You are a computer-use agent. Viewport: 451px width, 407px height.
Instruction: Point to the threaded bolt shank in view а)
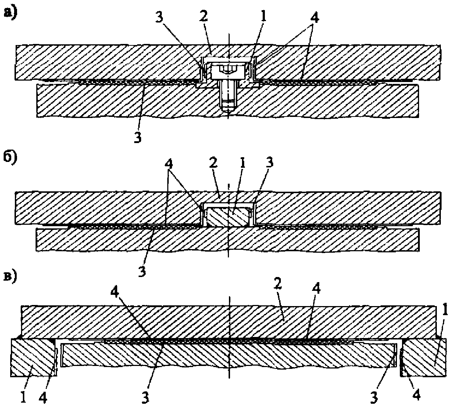[228, 95]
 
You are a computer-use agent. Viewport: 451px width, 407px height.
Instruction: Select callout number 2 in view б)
[213, 164]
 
